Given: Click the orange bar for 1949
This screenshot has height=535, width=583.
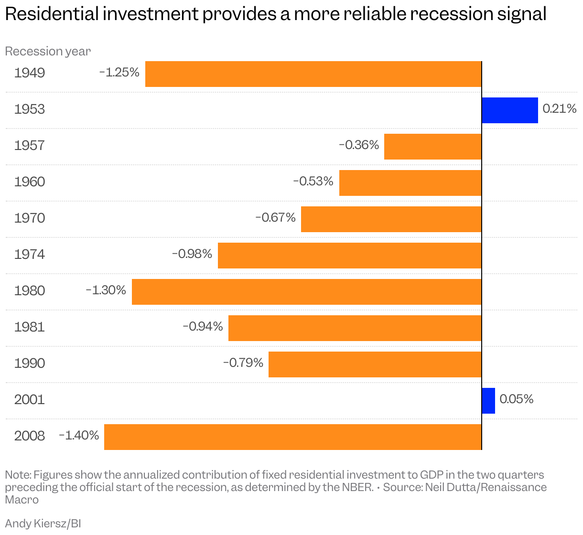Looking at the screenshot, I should (313, 74).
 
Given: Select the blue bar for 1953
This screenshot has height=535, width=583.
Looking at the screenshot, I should (509, 110).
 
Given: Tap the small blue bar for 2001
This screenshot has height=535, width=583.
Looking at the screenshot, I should (488, 401).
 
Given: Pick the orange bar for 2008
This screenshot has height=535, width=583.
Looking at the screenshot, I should (292, 437).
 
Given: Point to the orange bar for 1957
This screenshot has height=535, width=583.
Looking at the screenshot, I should (432, 147).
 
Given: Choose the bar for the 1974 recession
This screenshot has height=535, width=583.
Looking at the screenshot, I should (349, 256).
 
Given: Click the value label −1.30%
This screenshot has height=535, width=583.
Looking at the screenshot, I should (106, 290).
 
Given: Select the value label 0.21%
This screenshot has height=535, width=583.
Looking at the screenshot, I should (559, 109).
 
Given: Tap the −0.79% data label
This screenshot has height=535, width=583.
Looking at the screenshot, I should (243, 363).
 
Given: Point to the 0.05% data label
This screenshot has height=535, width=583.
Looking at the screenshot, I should (516, 399).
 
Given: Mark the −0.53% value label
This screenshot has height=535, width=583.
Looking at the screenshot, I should (313, 181).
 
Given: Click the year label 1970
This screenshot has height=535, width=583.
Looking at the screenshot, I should (30, 218).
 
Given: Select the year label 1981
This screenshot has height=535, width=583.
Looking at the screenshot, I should (30, 327).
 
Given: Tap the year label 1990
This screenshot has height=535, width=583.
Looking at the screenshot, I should (30, 364).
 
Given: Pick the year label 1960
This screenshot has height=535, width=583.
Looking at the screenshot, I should (30, 182).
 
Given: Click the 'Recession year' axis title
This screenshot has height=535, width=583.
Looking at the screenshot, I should (48, 51).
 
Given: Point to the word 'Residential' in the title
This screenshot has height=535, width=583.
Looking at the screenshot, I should (53, 14).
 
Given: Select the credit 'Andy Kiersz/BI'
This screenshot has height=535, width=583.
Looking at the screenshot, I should (43, 524).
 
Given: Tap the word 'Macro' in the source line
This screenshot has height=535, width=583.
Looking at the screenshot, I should (22, 500).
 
